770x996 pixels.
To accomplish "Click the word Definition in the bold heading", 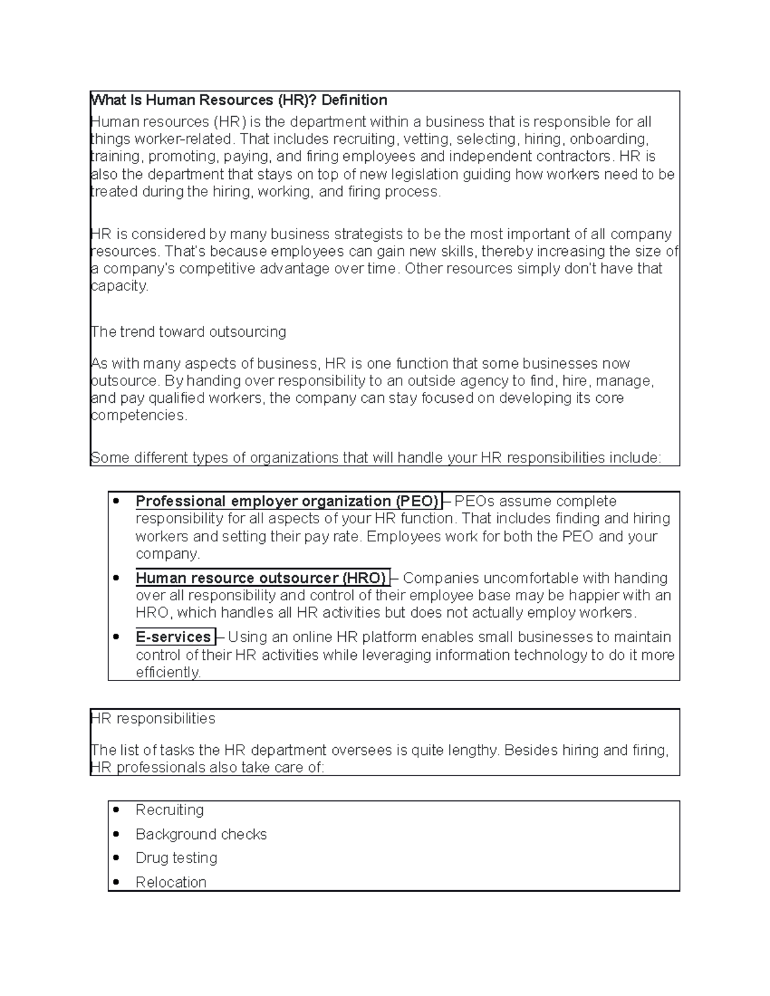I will tap(354, 100).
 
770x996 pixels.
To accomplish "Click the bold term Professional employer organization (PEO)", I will tap(287, 501).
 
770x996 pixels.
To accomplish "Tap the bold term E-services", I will tap(173, 637).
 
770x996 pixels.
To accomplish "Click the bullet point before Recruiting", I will tap(116, 810).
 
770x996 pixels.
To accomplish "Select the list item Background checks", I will tap(201, 834).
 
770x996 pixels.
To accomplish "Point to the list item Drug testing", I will tap(176, 858).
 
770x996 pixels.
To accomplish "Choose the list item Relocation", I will tap(171, 882).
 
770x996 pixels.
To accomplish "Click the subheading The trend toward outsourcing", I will tap(189, 332).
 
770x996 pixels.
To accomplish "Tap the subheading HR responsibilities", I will tap(153, 718).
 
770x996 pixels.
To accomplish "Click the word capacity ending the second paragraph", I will tap(119, 286).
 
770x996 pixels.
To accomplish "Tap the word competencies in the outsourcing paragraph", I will tap(139, 416).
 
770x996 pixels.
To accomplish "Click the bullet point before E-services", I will tap(116, 637).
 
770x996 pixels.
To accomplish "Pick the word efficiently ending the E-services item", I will tap(168, 672).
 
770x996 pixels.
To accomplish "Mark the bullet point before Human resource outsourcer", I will tap(116, 578).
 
